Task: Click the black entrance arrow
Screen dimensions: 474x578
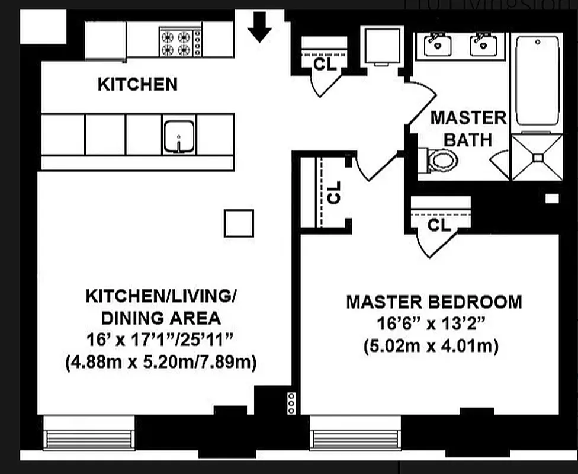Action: point(259,27)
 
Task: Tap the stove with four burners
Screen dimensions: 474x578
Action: point(181,42)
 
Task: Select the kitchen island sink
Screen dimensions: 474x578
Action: point(179,136)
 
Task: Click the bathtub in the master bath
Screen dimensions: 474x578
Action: point(537,80)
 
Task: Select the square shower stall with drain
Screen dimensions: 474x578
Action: point(537,157)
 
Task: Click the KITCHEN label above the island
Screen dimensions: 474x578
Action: point(137,84)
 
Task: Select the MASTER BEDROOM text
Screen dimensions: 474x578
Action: point(434,302)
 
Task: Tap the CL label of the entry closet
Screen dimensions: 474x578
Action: point(325,64)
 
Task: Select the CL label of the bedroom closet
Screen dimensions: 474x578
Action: point(439,225)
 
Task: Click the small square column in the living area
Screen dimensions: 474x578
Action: point(239,223)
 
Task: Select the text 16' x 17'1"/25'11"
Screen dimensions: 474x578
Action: point(161,341)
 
